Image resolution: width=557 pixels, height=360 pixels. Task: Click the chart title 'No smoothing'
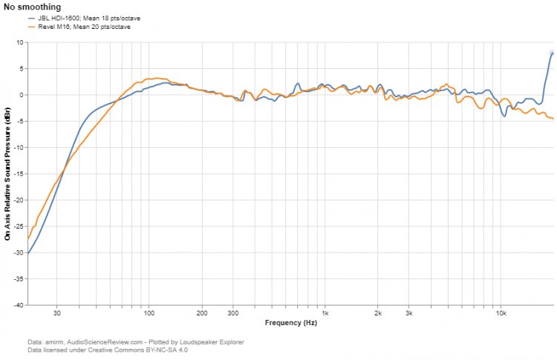coord(32,7)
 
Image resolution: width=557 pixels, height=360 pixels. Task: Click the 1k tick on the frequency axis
coord(324,313)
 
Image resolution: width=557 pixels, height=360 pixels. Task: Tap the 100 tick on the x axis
coord(148,313)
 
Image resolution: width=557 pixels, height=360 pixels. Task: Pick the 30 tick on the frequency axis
coord(56,313)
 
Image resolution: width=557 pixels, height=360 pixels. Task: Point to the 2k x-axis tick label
coord(377,313)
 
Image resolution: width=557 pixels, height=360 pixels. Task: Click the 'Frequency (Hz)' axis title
coord(290,323)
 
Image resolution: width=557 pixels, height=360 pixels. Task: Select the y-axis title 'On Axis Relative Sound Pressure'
coord(7,174)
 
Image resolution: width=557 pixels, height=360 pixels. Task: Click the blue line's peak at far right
coord(552,53)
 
